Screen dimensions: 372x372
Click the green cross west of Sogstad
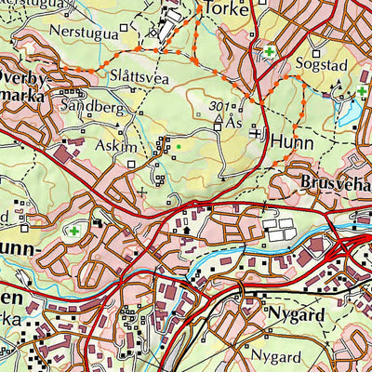point(269,53)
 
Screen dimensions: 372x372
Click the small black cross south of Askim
point(141,193)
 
